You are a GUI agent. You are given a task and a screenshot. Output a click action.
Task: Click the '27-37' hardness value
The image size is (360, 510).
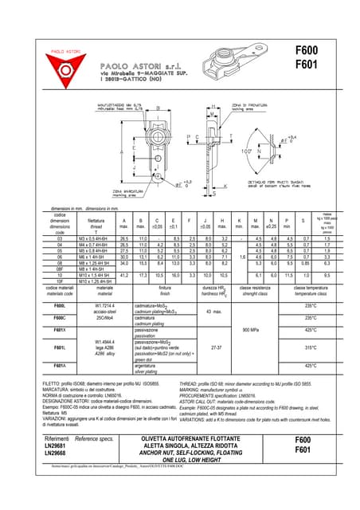(x=213, y=347)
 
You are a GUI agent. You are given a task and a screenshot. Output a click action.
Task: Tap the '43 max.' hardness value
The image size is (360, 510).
(x=213, y=311)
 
